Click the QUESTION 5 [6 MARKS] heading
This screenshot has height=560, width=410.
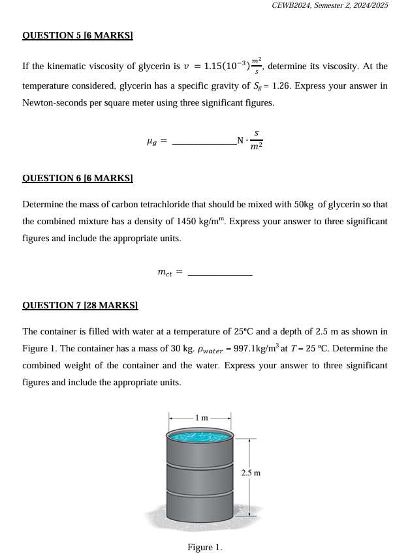78,35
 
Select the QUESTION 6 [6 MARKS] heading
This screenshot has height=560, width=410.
78,178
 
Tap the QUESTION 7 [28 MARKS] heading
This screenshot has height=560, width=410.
80,305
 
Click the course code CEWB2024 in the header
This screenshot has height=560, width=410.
293,5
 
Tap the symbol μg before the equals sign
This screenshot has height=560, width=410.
151,140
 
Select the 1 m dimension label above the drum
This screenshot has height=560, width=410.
200,417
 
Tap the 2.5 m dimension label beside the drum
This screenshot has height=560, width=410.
251,473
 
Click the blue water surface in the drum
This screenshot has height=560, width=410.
200,435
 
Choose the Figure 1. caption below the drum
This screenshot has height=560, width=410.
204,547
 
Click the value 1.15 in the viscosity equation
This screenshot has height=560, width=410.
213,66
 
